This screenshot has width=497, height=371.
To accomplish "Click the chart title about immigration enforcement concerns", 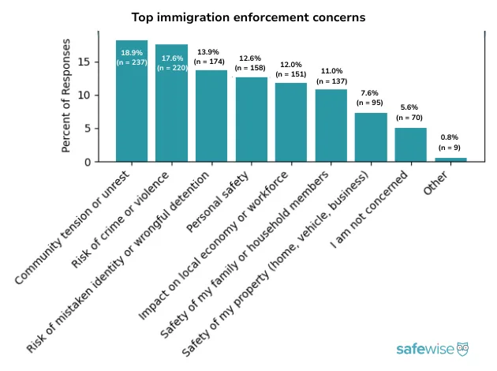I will [248, 17].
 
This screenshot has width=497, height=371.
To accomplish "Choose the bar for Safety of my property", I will [371, 137].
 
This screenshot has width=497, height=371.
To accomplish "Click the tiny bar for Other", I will [450, 159].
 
